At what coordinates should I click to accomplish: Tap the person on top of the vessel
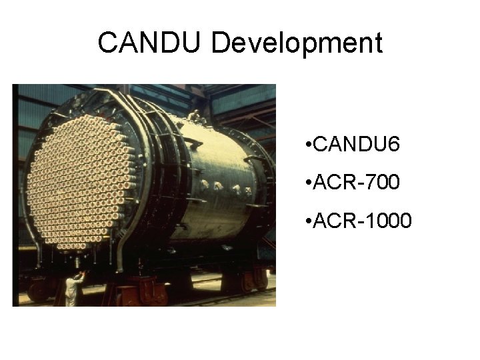tap(194, 117)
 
